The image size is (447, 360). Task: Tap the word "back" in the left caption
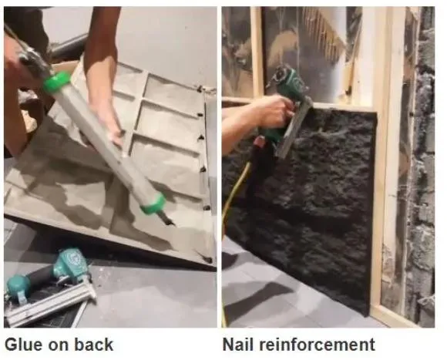coord(94,345)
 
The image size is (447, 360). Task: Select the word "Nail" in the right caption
coord(237,345)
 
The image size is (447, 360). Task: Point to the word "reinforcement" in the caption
coord(318,345)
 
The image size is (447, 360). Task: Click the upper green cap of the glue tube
coord(57,82)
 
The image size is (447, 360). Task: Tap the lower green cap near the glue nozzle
coord(153,204)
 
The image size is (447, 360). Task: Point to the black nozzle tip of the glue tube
coord(166,220)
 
